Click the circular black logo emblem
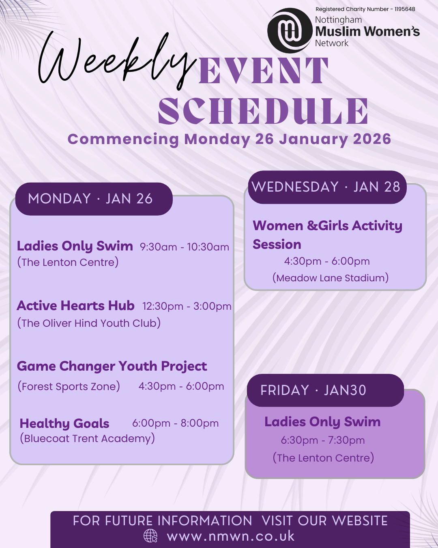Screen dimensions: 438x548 (290, 30)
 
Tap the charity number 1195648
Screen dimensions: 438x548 (405, 9)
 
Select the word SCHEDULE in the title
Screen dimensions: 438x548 (263, 111)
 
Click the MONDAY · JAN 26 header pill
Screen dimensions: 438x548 (94, 199)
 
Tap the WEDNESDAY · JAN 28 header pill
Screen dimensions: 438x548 (327, 187)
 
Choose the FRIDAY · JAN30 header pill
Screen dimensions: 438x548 (325, 391)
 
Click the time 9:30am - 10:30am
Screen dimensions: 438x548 (184, 247)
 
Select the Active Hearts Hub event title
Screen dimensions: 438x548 (75, 306)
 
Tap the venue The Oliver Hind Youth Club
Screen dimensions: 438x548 (89, 323)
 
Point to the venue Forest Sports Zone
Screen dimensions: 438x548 (69, 386)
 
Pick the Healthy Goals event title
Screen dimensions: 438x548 (64, 424)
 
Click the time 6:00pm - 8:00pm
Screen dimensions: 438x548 (175, 423)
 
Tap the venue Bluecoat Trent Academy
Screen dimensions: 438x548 (87, 438)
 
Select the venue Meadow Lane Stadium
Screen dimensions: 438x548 (331, 278)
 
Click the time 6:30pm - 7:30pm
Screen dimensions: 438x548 (323, 440)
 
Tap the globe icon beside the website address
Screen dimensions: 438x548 (150, 535)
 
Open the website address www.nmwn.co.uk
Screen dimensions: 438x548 (231, 536)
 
